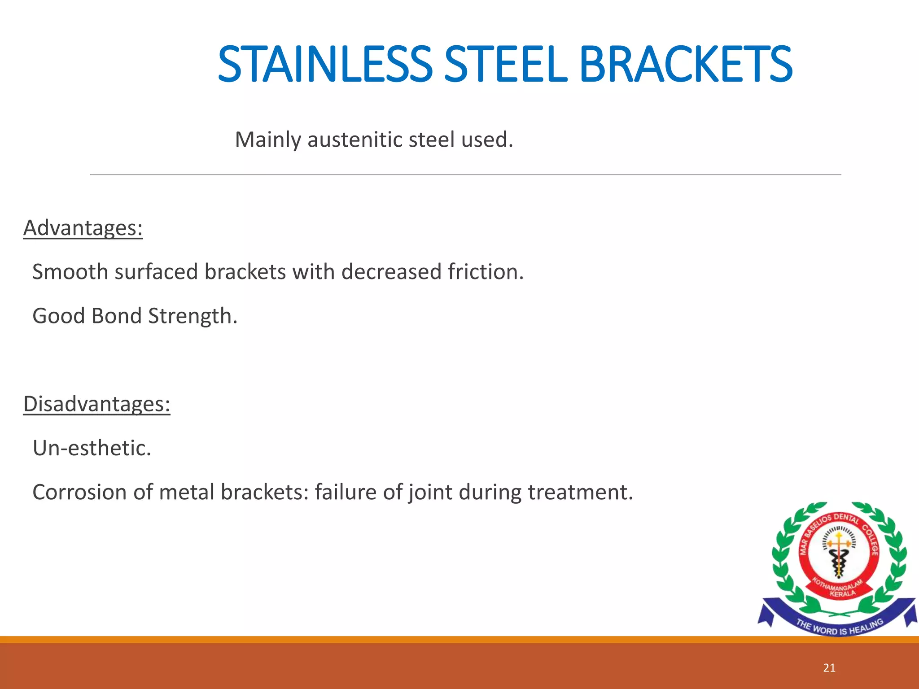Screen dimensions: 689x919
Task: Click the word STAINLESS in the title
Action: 324,65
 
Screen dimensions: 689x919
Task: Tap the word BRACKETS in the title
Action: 685,65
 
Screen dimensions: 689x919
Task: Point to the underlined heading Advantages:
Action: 83,228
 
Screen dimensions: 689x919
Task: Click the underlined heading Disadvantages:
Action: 96,404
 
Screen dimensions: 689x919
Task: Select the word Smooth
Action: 70,272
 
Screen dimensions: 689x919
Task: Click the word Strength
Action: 192,316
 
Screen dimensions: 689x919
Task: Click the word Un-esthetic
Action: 92,448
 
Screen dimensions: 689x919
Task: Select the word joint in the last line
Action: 430,492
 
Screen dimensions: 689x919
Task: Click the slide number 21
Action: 829,668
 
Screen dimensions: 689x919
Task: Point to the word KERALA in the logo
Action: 842,593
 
